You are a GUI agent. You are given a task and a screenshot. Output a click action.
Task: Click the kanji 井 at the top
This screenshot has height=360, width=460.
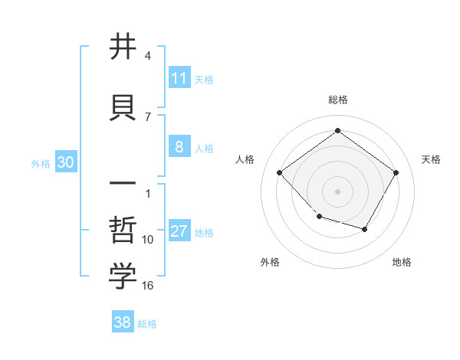click(123, 47)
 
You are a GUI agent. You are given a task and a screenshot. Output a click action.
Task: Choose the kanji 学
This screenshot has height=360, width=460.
click(123, 277)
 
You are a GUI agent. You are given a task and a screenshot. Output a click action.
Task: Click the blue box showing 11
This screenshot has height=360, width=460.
click(179, 78)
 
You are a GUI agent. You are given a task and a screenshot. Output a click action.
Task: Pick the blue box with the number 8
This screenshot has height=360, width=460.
click(179, 147)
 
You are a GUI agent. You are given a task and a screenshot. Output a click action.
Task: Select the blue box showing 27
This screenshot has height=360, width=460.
click(179, 231)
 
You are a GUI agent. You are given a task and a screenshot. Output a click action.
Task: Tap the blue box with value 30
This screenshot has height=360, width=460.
click(65, 162)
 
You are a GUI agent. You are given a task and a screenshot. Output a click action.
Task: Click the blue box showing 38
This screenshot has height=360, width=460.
click(123, 322)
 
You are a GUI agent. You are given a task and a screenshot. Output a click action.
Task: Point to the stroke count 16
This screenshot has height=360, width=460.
click(148, 286)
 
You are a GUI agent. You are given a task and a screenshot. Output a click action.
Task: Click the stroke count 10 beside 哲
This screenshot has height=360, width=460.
click(148, 240)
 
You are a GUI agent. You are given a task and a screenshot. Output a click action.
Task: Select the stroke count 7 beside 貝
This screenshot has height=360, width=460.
click(147, 116)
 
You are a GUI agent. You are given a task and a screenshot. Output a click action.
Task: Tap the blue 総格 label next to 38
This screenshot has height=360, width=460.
click(147, 324)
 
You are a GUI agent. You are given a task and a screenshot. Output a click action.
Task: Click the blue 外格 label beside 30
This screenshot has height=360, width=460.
click(41, 163)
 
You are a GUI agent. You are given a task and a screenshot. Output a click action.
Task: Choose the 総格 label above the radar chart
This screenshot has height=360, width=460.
click(337, 100)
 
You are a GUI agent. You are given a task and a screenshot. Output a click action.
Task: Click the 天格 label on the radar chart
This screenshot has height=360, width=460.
click(431, 159)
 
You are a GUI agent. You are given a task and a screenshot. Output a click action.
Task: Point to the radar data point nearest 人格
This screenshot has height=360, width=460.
click(280, 172)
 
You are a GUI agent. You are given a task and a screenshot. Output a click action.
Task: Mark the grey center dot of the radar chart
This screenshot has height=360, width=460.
click(337, 191)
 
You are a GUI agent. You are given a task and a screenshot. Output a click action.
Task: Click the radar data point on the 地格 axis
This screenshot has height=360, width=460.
click(365, 229)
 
